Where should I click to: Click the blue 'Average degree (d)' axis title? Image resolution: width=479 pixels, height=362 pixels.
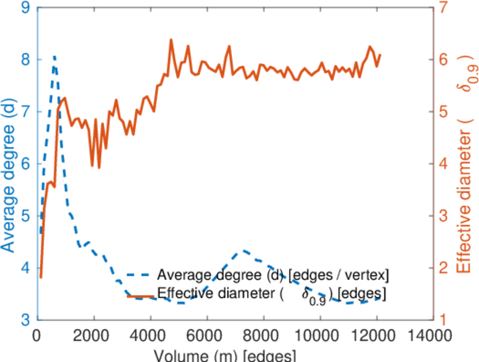click(x=10, y=175)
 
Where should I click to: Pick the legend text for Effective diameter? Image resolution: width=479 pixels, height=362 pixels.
click(x=271, y=295)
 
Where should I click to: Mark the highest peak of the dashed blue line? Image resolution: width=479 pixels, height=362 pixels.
click(x=54, y=56)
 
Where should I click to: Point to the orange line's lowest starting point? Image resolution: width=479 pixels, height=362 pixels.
click(x=40, y=277)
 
